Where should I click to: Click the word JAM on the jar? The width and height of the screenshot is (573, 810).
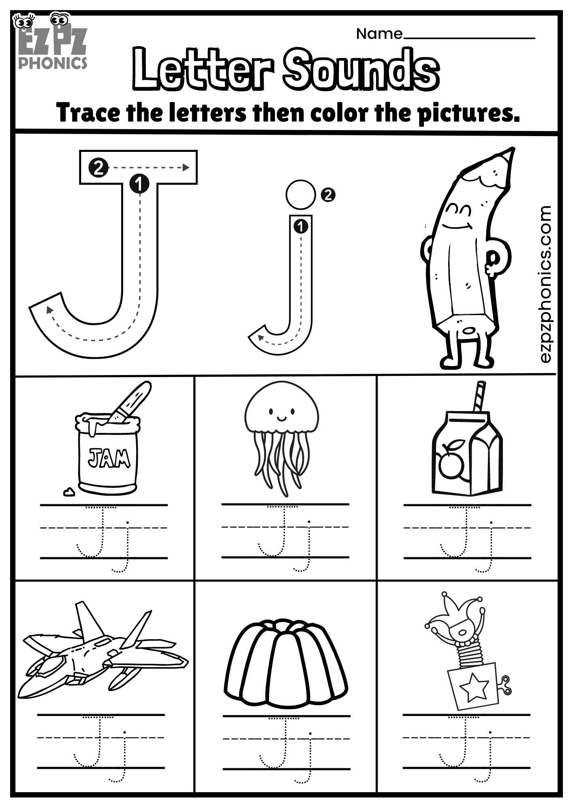click(109, 458)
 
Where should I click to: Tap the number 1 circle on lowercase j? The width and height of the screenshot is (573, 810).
click(300, 226)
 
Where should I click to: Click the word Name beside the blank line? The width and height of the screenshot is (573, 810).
click(379, 34)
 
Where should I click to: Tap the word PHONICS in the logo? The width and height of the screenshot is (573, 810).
click(53, 63)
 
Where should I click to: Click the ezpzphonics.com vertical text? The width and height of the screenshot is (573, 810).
click(546, 283)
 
